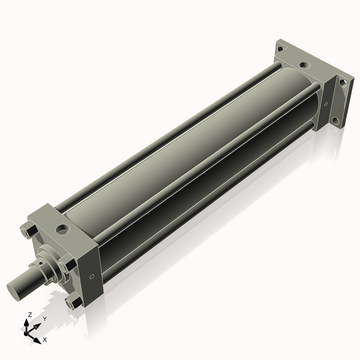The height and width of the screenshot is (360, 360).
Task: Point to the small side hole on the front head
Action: (x=91, y=277)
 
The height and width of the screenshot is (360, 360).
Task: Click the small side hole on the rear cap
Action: (x=326, y=104)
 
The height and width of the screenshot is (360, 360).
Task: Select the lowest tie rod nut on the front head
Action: (x=73, y=302)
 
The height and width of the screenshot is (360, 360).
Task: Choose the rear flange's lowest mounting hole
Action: (x=335, y=120)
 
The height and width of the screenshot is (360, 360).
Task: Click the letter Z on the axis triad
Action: (x=30, y=314)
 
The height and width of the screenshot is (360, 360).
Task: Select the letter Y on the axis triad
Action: (x=44, y=319)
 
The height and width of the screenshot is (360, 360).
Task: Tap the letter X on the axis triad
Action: (x=44, y=340)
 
